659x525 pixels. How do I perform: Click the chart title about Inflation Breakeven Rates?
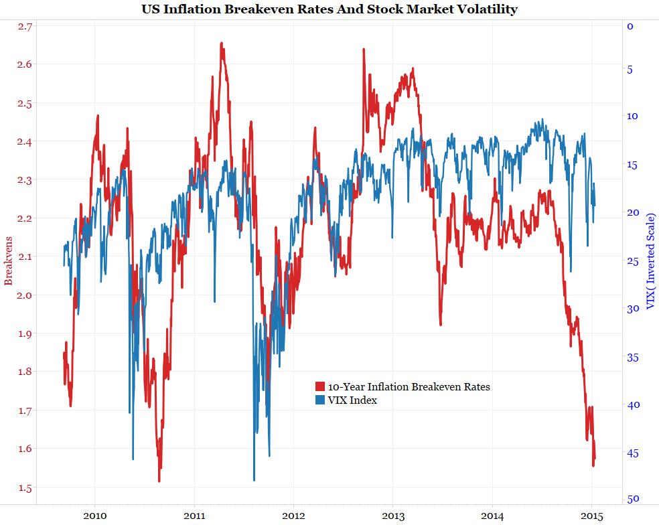pos(329,9)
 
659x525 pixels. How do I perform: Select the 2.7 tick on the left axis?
pos(26,26)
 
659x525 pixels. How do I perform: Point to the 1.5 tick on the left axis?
pos(26,487)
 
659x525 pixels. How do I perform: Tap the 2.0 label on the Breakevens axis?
pos(26,295)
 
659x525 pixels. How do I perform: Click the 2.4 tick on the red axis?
pos(26,141)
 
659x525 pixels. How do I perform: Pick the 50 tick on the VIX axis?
pos(633,499)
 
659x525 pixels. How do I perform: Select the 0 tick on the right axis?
pos(630,26)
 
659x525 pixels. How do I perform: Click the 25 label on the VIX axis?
pos(633,260)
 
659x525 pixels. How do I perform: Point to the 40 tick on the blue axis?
pos(633,404)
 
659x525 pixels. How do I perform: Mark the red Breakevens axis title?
pos(9,260)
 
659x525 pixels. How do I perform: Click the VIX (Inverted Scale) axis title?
pos(650,261)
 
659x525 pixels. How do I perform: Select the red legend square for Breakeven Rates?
pos(320,387)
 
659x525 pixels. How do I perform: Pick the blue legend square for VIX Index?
pos(320,400)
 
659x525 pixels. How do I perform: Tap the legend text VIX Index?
pos(352,400)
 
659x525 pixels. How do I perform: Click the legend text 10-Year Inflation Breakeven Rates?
pos(409,387)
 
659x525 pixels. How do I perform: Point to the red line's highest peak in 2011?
pos(221,44)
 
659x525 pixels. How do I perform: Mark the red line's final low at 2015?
pos(593,465)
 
